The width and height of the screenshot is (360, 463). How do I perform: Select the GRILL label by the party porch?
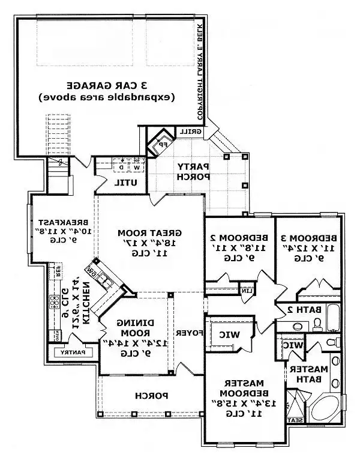point(200,132)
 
